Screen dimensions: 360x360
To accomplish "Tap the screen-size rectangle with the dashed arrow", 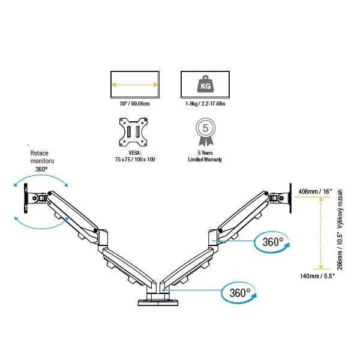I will [134, 85].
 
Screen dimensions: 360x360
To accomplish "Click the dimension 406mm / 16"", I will [314, 191].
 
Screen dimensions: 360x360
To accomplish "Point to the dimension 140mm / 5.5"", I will [316, 277].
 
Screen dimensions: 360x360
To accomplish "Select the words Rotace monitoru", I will [43, 157].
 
